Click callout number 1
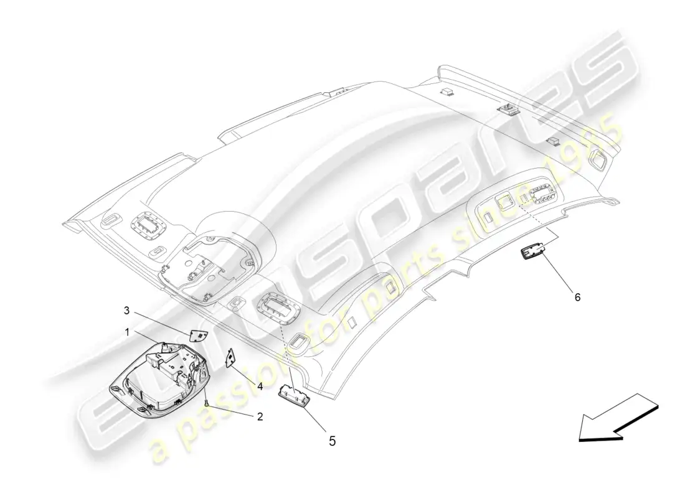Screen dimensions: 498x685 tap(127, 333)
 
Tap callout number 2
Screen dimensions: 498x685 tap(260, 417)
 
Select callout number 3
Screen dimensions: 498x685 tap(126, 310)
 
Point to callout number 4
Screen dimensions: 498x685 tap(260, 386)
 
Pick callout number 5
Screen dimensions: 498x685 tap(332, 441)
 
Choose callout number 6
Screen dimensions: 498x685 tap(577, 297)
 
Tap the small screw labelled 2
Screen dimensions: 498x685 tap(205, 403)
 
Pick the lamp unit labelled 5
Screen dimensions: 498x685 tap(293, 394)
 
